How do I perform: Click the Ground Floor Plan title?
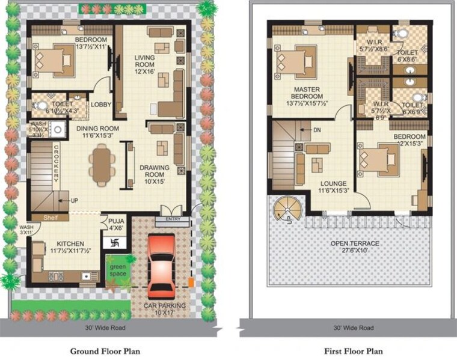point(106,350)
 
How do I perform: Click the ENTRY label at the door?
point(171,219)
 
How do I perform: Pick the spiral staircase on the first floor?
point(286,209)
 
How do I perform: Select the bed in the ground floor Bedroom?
point(55,61)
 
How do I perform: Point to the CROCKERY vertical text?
point(56,162)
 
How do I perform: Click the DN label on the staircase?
point(315,129)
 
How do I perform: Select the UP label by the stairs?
point(74,201)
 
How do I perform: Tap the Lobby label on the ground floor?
point(101,105)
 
